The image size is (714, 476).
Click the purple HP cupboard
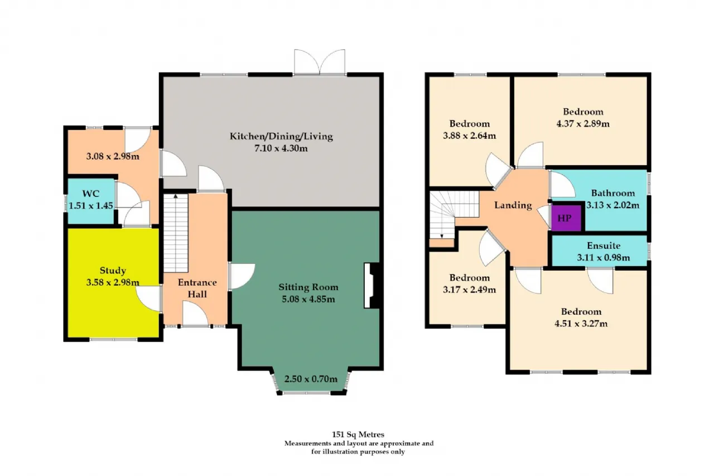[x=566, y=218]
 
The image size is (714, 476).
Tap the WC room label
[x=91, y=194]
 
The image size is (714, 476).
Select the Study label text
[x=113, y=270]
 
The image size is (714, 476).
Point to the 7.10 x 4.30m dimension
[x=281, y=148]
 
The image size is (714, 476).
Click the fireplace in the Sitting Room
[x=372, y=285]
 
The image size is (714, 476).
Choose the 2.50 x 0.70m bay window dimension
[x=311, y=379]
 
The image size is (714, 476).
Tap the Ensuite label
[x=604, y=246]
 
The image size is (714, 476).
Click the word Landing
[x=513, y=205]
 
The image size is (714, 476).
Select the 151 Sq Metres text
[x=358, y=434]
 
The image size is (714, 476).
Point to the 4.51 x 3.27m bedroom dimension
[x=581, y=324]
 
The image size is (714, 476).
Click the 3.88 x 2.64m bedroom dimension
[x=470, y=136]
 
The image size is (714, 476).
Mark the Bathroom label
[x=613, y=193]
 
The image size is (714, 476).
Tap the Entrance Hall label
[x=197, y=288]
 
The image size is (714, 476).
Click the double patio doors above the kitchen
[x=320, y=62]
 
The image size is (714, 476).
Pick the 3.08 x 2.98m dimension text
[x=113, y=157]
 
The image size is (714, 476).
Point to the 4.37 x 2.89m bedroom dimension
[x=583, y=123]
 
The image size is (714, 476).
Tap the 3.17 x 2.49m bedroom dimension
[x=470, y=290]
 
